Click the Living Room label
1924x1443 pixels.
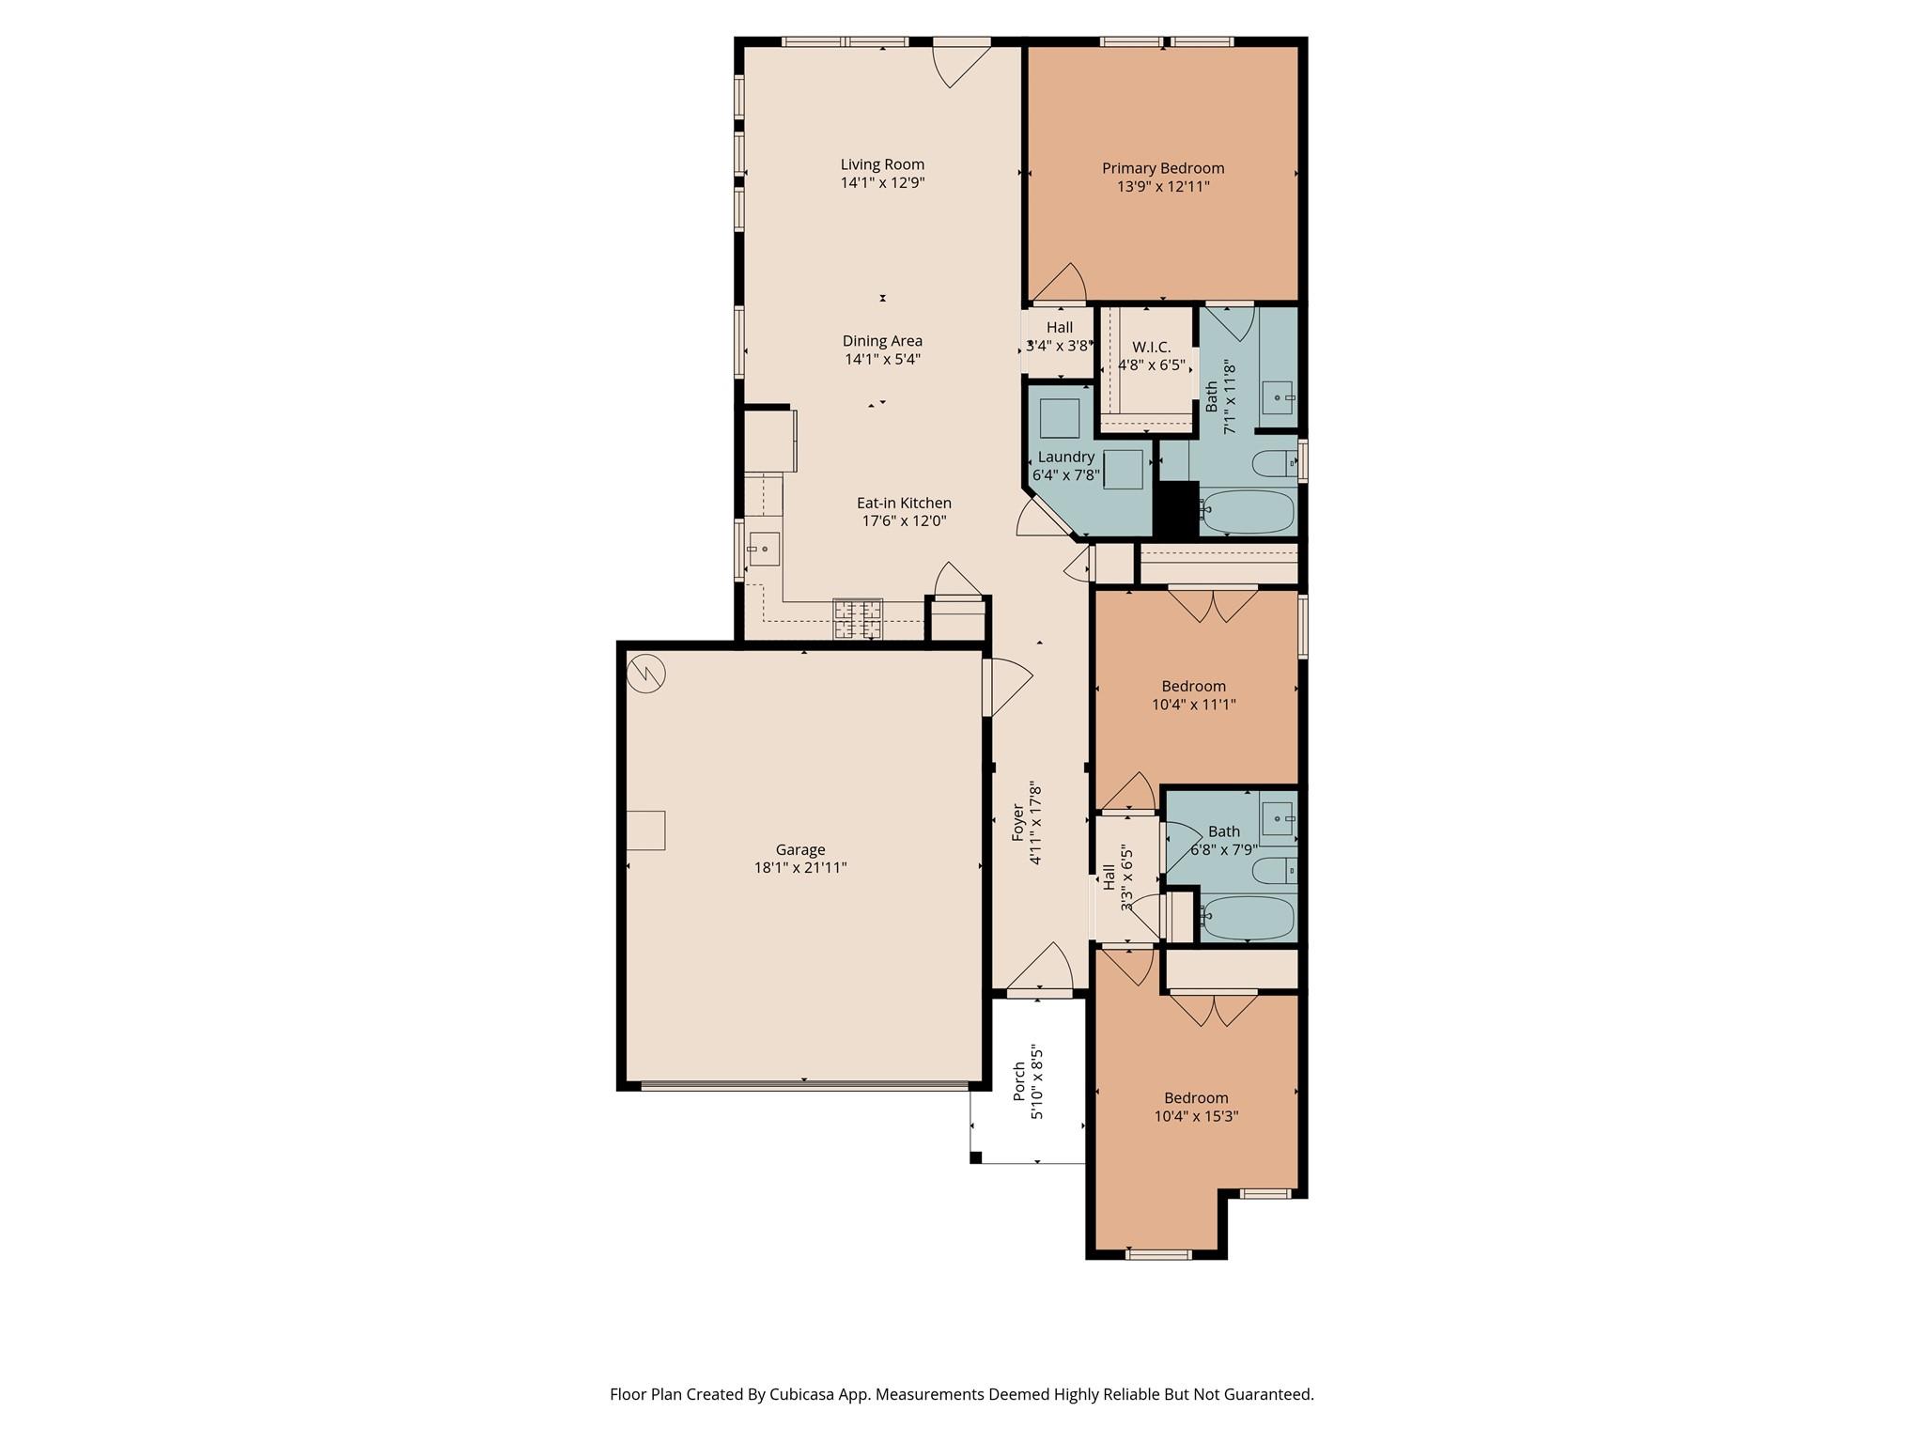[x=882, y=164]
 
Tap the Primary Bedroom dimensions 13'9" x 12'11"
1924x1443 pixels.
[x=1163, y=187]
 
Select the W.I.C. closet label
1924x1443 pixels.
[x=1151, y=348]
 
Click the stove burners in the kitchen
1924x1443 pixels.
[x=858, y=619]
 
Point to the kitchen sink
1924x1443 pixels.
[x=764, y=549]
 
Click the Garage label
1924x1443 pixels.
[x=799, y=849]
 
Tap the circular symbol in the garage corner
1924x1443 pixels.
[x=646, y=673]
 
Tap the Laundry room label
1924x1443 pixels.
[x=1065, y=457]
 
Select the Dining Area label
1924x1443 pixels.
[x=882, y=341]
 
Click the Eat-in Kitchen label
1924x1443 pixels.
[x=904, y=504]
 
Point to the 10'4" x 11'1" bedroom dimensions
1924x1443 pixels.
[x=1193, y=705]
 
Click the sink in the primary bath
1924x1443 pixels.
[x=1277, y=397]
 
